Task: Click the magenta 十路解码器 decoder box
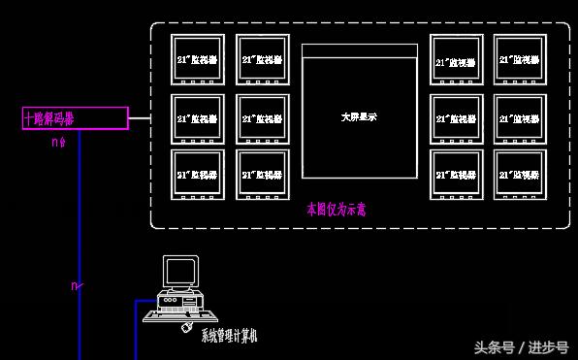75,118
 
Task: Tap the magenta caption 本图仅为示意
336,208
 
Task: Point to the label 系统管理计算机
229,336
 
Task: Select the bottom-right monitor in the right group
521,174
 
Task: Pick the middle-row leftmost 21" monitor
198,118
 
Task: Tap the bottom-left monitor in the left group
198,174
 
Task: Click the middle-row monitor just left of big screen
263,118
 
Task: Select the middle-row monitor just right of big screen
457,118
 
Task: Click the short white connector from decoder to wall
140,118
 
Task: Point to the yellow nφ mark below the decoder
58,142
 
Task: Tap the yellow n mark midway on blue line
77,286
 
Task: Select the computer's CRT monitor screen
179,272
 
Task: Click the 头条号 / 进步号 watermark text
521,346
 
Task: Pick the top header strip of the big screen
360,50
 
